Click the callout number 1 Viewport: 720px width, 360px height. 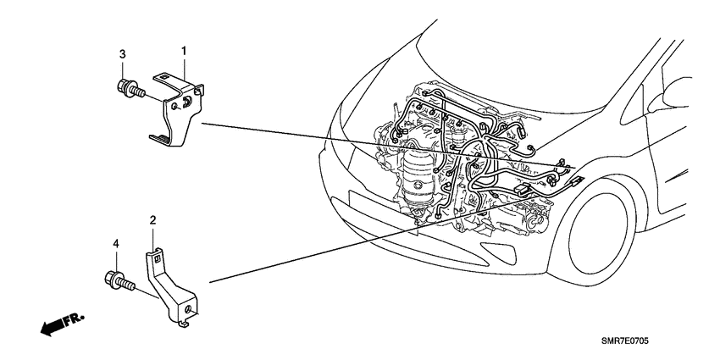point(183,53)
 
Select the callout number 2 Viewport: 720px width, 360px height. point(152,221)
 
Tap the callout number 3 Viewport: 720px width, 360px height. point(122,55)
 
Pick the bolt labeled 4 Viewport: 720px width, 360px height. point(119,279)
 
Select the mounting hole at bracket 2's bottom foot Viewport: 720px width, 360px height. point(185,319)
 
